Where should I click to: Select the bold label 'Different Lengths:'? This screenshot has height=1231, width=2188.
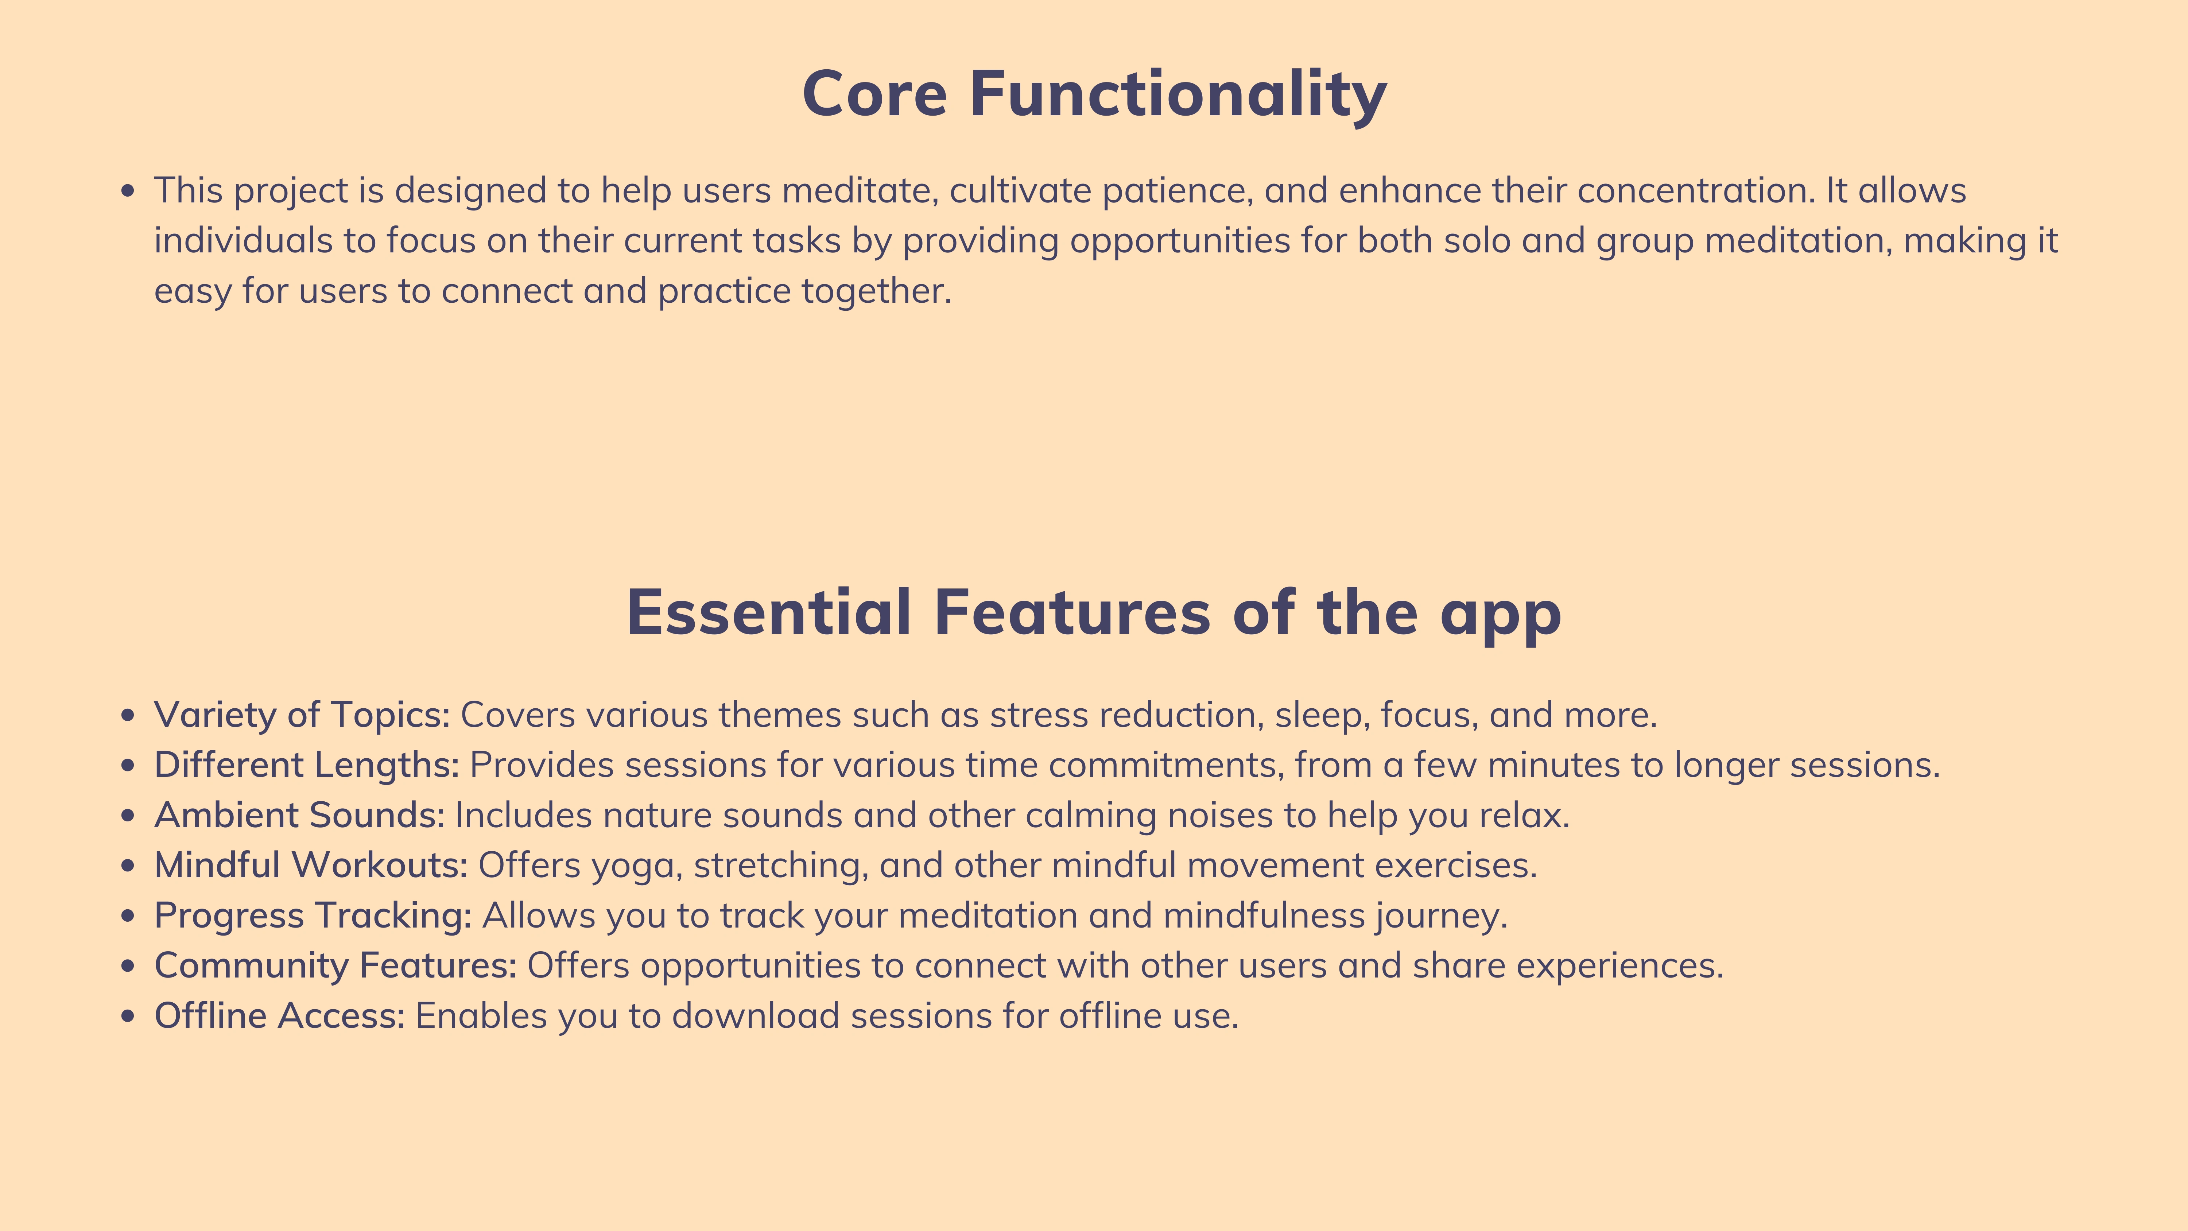[x=307, y=766]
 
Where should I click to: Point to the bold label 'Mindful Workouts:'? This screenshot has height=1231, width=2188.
[x=311, y=866]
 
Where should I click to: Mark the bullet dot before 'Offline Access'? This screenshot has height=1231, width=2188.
[x=128, y=1017]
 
